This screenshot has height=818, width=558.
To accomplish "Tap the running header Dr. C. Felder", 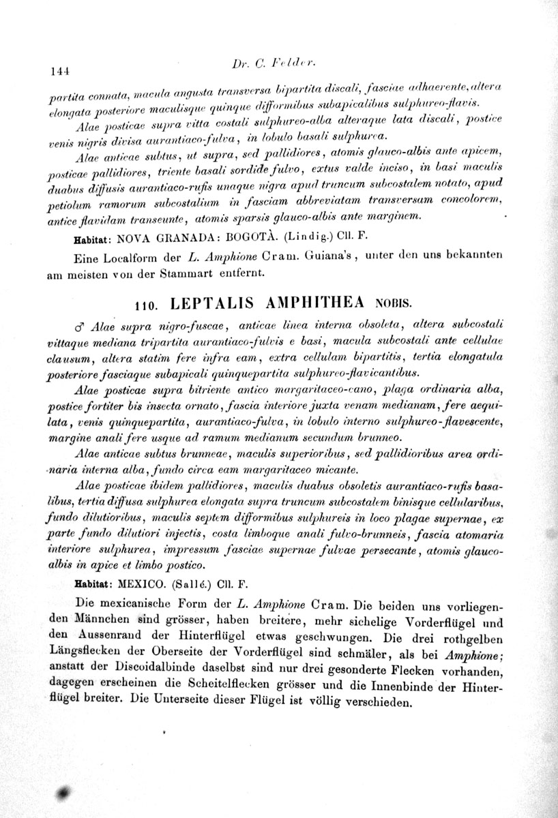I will click(x=276, y=65).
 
